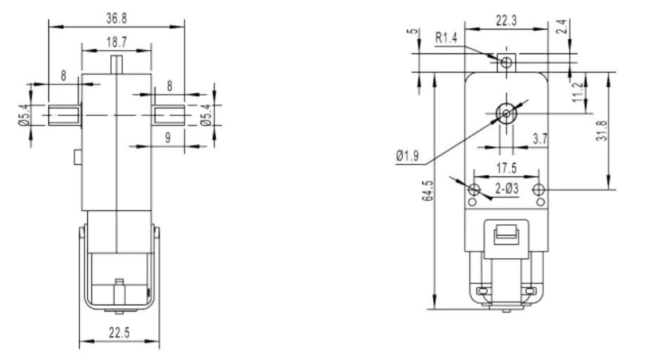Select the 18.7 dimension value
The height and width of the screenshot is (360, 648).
[117, 43]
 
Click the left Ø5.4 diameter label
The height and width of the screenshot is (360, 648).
[22, 115]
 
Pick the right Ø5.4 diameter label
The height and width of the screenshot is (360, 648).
[205, 115]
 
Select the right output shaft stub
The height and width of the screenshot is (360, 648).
[167, 113]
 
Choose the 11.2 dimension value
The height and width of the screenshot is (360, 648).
[578, 92]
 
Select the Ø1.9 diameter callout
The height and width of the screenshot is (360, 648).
[408, 155]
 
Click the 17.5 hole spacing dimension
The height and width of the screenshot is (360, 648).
[505, 168]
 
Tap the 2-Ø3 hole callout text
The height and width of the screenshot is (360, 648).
[507, 188]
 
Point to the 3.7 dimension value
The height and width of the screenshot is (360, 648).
[540, 139]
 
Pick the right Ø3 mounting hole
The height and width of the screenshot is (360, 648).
[539, 189]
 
